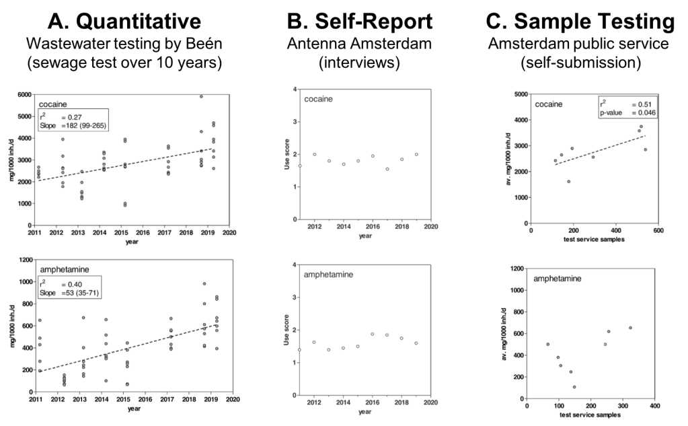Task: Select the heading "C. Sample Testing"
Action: tap(579, 22)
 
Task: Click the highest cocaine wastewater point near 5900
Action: tap(201, 96)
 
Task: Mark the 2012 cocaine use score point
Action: tap(314, 154)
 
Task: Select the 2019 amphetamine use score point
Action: tap(416, 343)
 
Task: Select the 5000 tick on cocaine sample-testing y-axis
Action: tap(520, 95)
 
